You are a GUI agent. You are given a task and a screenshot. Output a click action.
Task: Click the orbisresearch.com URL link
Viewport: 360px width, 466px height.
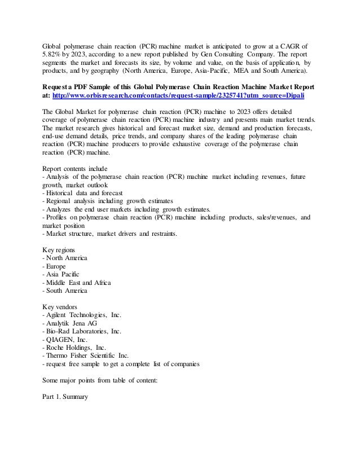click(180, 96)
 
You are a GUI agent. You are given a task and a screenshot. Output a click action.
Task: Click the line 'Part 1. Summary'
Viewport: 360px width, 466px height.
click(65, 397)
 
